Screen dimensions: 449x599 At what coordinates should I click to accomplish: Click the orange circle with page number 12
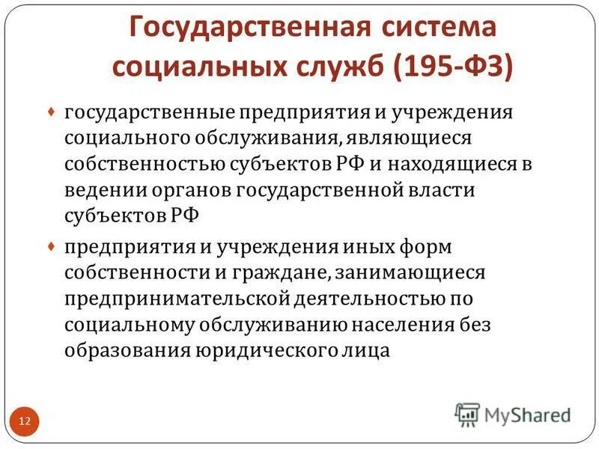coord(24,421)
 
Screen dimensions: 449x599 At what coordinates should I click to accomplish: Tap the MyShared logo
coord(514,414)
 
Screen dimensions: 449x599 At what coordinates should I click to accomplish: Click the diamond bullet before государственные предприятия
coord(51,112)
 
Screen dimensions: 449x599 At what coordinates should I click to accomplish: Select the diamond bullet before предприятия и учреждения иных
coord(51,245)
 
